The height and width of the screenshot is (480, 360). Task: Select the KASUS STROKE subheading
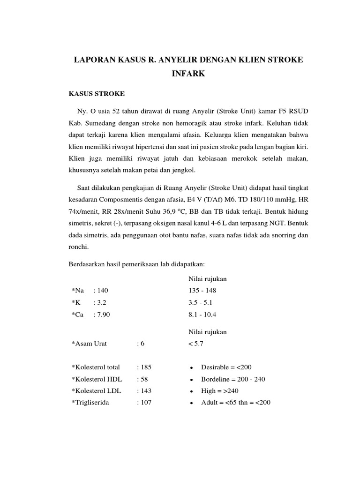[x=97, y=94]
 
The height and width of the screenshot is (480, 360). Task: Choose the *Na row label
[x=78, y=290]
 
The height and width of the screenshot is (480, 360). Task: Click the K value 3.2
[x=101, y=302]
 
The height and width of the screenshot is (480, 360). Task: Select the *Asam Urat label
[x=89, y=344]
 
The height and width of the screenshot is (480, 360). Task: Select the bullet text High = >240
[x=219, y=390]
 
